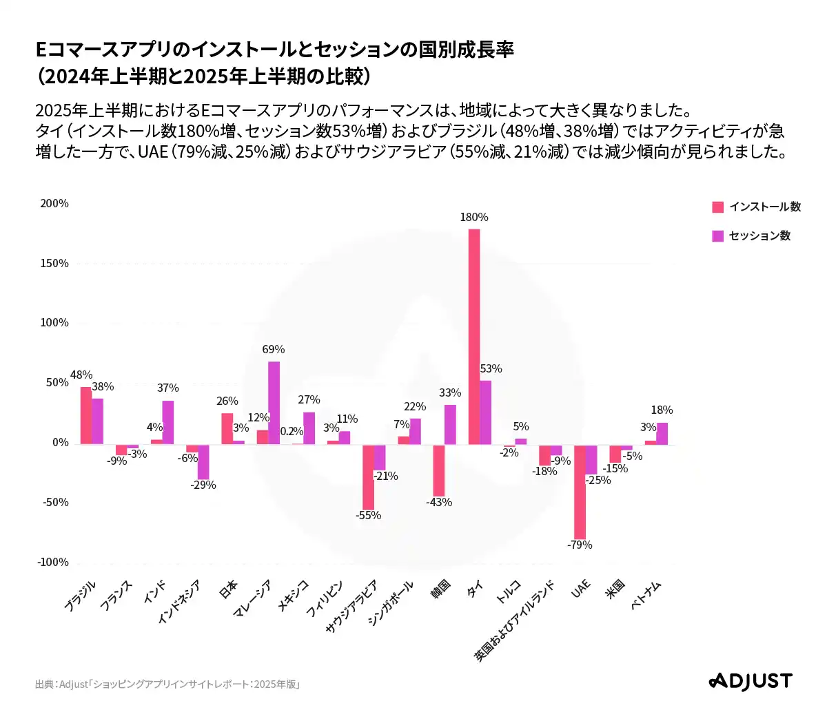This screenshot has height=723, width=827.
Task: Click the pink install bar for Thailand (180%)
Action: point(474,337)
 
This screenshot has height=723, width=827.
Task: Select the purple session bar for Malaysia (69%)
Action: point(274,403)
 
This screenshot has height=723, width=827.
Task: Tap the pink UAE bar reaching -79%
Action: point(580,492)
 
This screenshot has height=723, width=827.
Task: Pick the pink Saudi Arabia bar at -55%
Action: point(369,477)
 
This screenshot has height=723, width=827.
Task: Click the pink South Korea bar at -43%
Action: point(439,470)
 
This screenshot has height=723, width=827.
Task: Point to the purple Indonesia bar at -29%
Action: point(203,462)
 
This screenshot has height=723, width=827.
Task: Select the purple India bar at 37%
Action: point(168,422)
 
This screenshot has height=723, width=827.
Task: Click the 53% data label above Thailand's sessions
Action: point(491,369)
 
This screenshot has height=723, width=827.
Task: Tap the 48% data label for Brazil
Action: point(81,375)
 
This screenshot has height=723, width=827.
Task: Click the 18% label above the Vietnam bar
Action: point(662,410)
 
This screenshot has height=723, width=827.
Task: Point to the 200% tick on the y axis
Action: point(54,204)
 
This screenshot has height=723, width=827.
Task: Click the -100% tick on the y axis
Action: point(53,563)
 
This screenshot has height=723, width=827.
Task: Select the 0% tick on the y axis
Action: point(60,443)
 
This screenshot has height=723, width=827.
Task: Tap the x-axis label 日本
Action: point(228,590)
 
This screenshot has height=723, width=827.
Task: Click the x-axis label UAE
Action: point(581,589)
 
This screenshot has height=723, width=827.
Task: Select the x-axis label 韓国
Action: point(440,590)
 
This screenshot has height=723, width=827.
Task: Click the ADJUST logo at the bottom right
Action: point(751,682)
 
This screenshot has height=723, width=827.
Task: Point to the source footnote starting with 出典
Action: point(167,684)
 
